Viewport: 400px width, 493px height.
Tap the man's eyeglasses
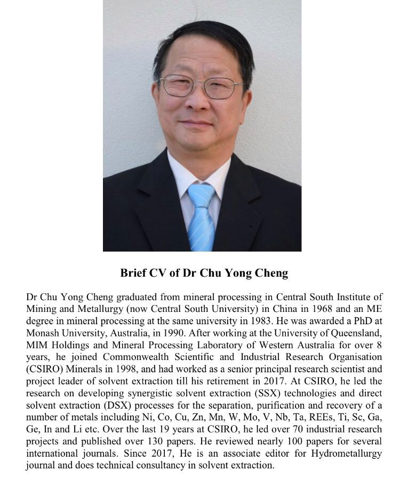tap(201, 85)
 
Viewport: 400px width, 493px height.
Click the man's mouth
tap(201, 123)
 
